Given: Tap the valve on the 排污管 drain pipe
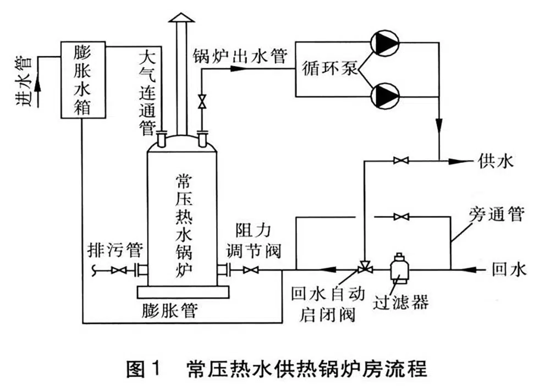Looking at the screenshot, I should tap(118, 271).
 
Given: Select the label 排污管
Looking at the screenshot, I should tap(115, 251).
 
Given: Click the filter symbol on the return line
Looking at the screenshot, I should tap(397, 266).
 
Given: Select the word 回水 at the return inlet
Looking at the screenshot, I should tap(509, 269).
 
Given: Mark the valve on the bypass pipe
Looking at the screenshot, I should tap(400, 217).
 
